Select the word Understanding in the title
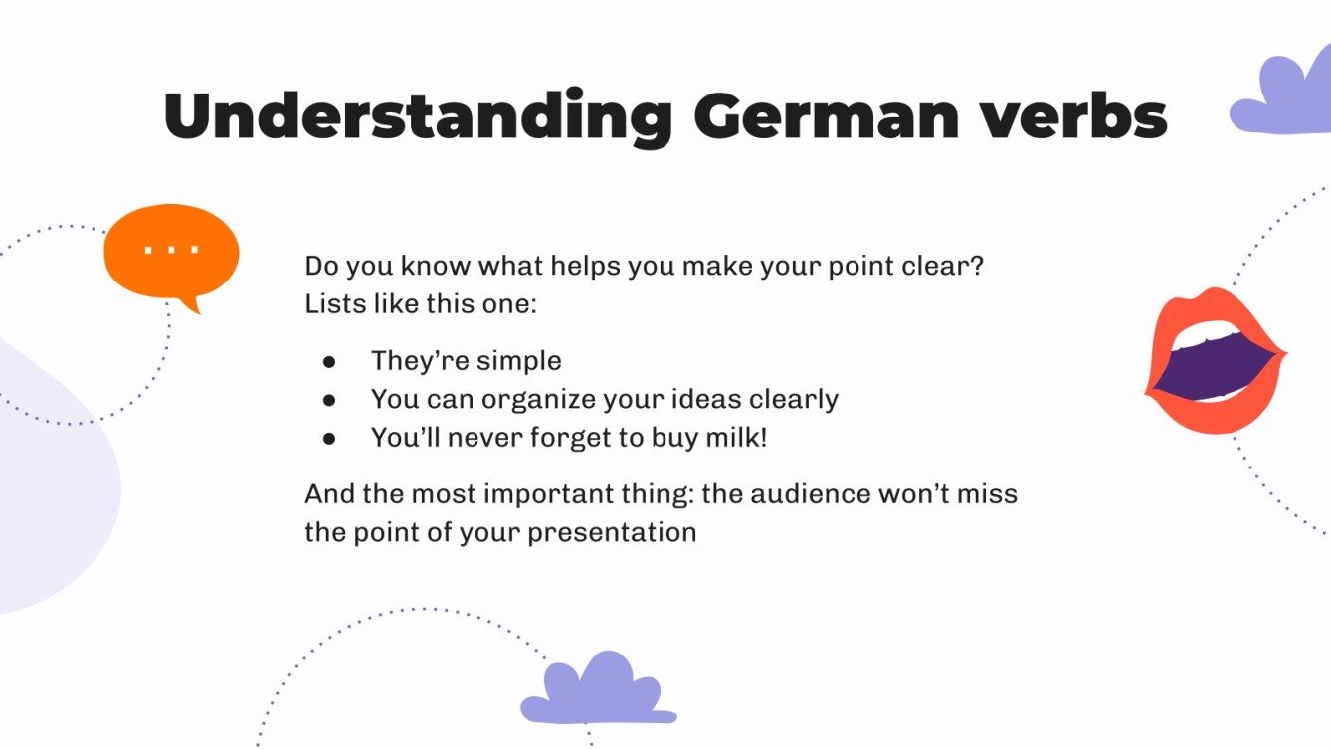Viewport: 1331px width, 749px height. [x=418, y=117]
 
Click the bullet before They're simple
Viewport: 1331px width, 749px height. [x=328, y=361]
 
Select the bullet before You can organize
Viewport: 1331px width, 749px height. [x=328, y=400]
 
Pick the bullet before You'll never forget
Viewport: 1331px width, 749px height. [x=328, y=438]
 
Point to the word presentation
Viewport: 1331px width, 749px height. [x=612, y=532]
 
